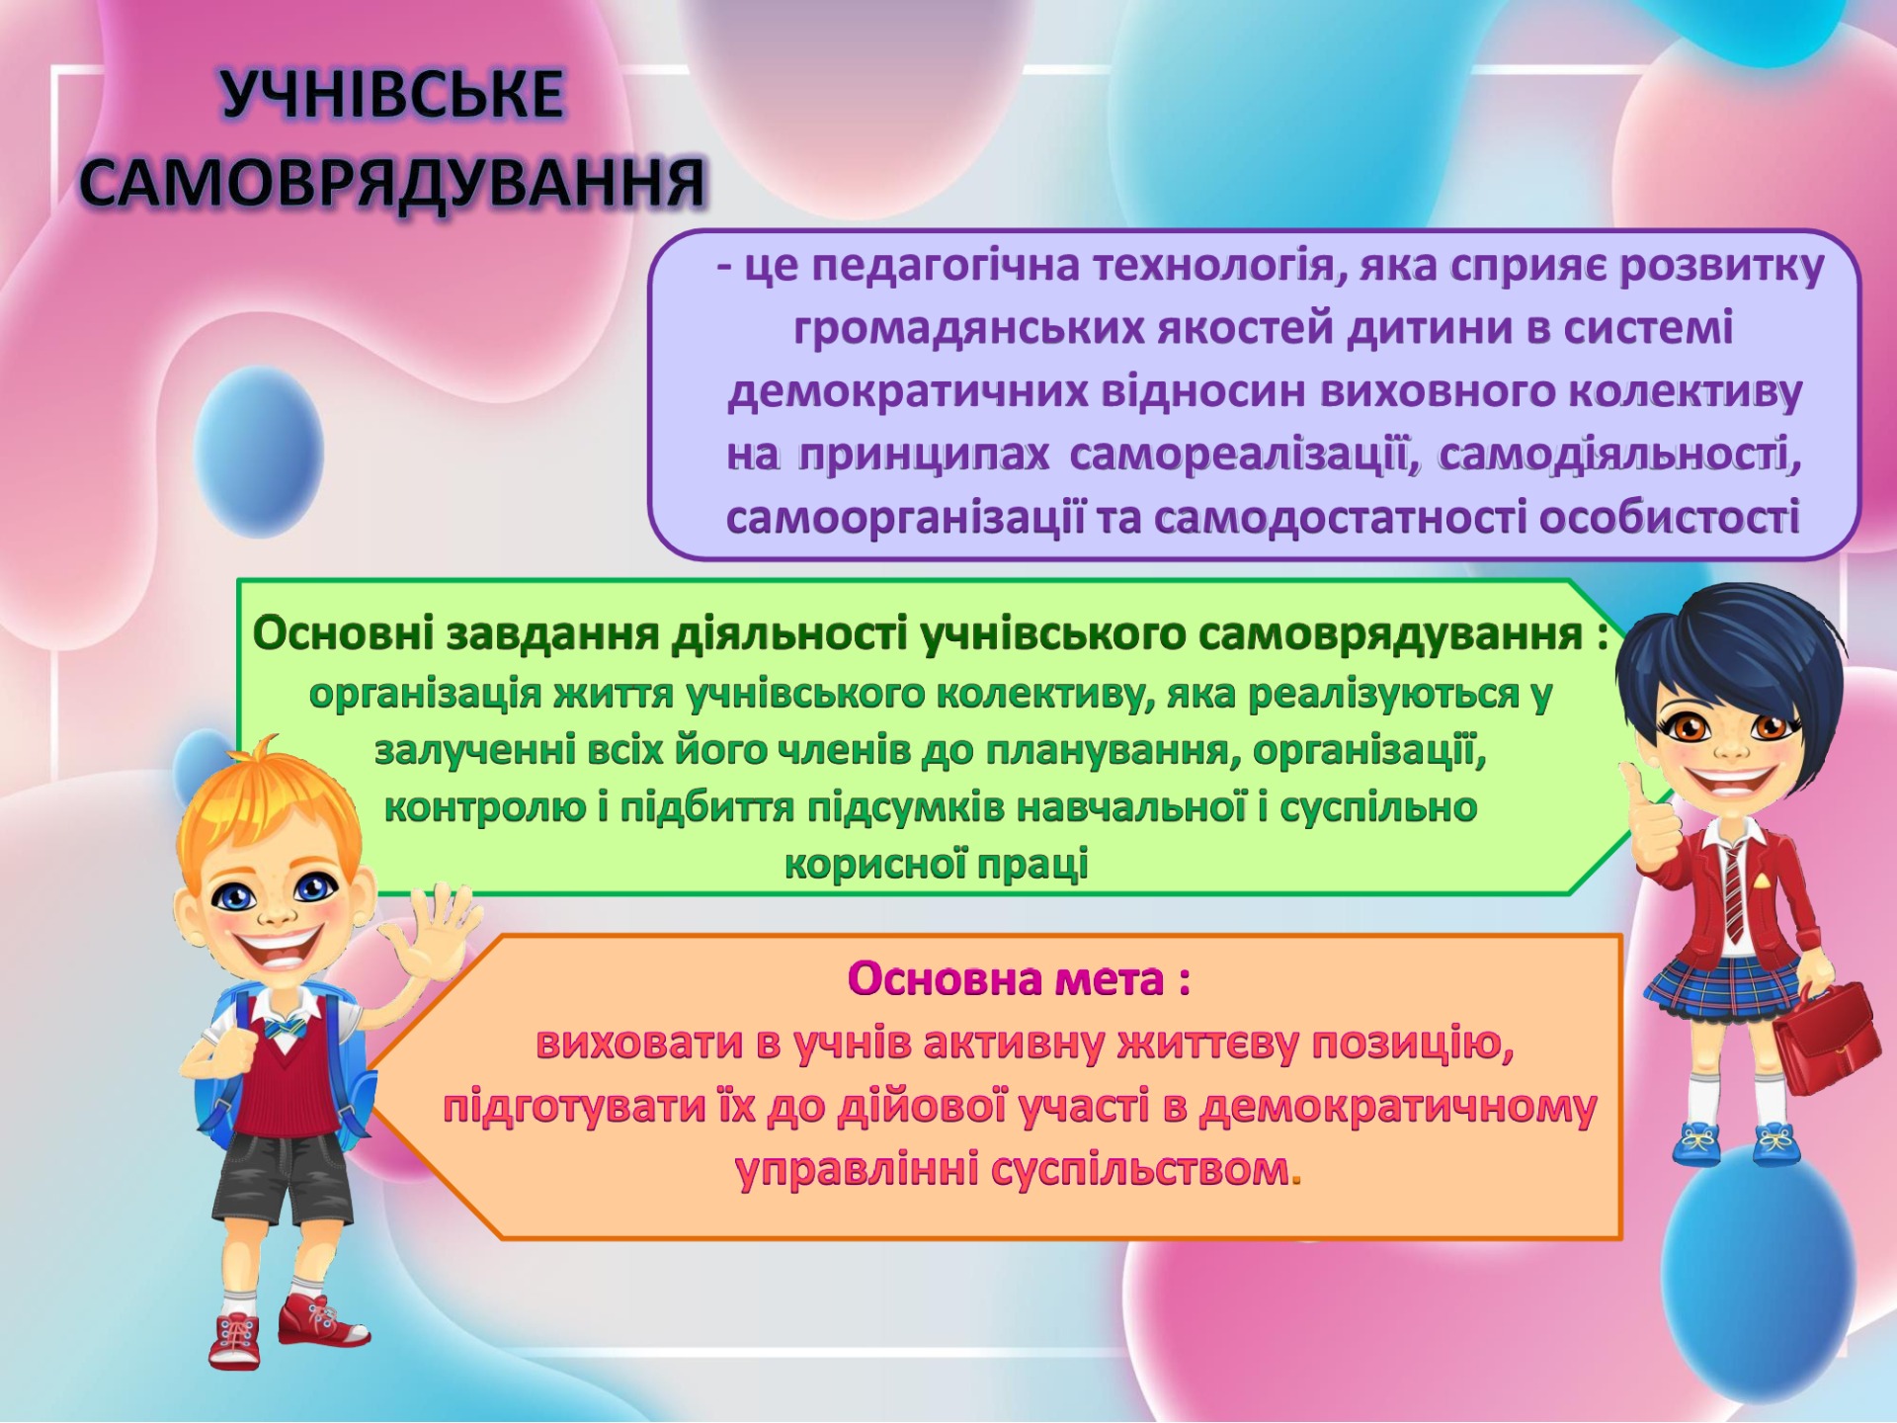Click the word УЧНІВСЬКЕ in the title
(x=392, y=96)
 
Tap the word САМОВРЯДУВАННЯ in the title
(x=393, y=183)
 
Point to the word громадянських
(x=969, y=329)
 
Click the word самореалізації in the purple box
(x=1244, y=456)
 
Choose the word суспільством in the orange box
(x=1140, y=1170)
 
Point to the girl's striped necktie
(x=1734, y=890)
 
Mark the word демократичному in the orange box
(x=1397, y=1108)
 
